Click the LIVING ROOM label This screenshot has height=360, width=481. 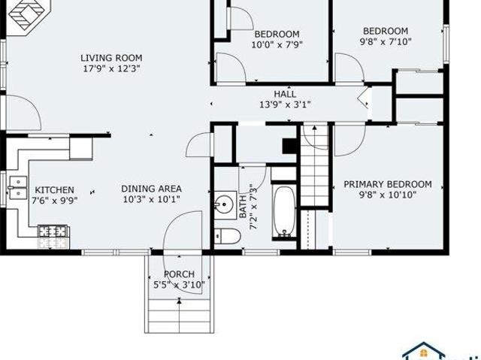[111, 58]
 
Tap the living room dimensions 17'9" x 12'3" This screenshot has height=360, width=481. [111, 68]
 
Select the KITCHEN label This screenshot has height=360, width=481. [54, 190]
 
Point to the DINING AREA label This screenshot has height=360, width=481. [152, 189]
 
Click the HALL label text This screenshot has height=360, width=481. [285, 94]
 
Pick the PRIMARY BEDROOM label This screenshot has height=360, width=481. [388, 184]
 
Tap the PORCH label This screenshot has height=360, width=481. [179, 274]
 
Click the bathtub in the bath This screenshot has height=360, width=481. [284, 212]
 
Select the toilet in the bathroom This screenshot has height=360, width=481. [227, 236]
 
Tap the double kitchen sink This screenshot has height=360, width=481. [18, 188]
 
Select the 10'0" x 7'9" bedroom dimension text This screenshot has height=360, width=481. [277, 45]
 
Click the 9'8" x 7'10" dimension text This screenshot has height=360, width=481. [386, 41]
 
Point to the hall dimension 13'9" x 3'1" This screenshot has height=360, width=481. [285, 104]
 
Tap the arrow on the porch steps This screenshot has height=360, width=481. [179, 316]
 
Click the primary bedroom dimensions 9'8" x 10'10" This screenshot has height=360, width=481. [388, 195]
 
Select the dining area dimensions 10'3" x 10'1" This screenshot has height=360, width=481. [152, 199]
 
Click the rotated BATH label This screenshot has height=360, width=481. [243, 207]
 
